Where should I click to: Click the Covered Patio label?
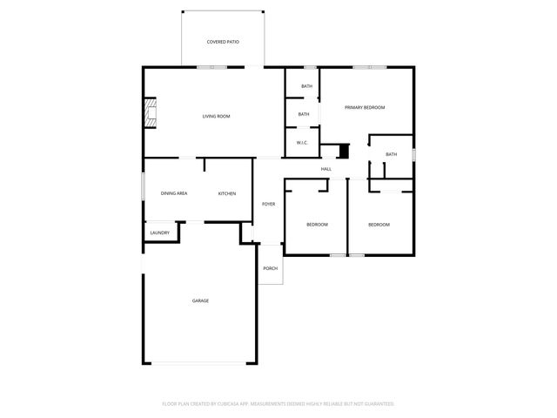pos(223,42)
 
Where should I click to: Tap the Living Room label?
pos(216,116)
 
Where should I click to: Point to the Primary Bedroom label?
pos(365,107)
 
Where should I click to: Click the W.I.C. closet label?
pos(303,142)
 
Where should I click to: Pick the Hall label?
pos(326,169)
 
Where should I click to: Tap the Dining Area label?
pos(174,193)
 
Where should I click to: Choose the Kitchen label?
pos(227,193)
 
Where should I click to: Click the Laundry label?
pos(159,233)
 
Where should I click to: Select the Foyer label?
pos(269,204)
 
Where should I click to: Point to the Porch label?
pos(271,268)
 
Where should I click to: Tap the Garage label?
pos(200,300)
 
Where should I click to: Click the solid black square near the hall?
pos(343,152)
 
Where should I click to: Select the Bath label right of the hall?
pos(391,154)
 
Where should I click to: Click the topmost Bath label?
pos(306,86)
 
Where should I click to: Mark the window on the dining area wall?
pos(144,188)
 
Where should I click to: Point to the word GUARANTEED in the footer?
pos(375,404)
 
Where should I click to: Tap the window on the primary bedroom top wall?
pos(370,67)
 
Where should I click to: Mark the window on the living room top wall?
pos(212,67)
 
